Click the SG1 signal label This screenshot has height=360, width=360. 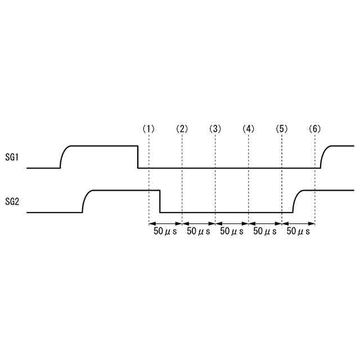(x=12, y=157)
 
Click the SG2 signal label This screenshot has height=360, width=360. (x=12, y=202)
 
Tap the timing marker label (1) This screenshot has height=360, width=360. (x=148, y=129)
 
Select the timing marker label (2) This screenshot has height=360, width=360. (x=182, y=129)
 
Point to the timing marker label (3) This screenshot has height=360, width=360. (x=215, y=129)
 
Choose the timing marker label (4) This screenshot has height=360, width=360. (x=249, y=129)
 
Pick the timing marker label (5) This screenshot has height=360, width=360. (x=282, y=129)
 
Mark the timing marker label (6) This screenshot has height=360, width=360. (x=315, y=129)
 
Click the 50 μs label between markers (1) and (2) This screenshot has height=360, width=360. (x=165, y=231)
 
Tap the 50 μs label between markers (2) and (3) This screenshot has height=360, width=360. (x=199, y=231)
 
